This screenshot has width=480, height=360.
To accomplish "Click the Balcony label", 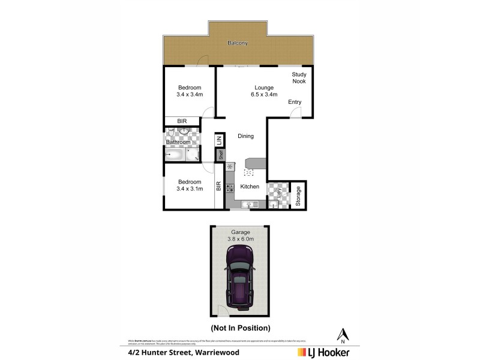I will [238, 43].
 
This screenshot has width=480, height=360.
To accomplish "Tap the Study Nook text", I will [299, 78].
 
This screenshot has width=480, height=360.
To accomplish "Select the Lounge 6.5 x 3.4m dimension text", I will [263, 94].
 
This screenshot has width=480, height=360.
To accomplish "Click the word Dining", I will [245, 136].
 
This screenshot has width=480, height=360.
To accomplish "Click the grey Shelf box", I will [221, 155].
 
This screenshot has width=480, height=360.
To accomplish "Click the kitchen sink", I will [247, 205].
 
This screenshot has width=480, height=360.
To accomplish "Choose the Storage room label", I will [298, 196].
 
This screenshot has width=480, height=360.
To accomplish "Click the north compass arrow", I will [343, 334].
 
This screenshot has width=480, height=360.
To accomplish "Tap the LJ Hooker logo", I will [323, 352].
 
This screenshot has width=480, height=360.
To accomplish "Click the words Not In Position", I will [240, 328].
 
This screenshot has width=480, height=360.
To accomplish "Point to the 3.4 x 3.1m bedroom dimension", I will [190, 188].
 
